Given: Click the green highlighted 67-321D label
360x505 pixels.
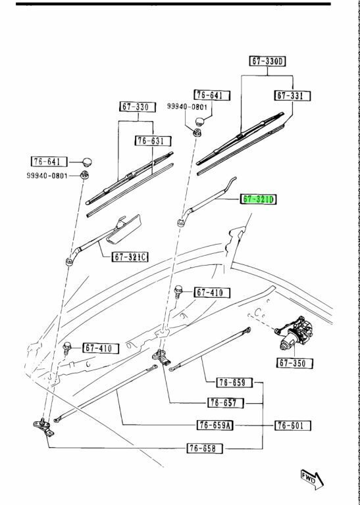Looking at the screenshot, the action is (x=258, y=200).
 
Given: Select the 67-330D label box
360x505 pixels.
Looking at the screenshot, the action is (x=268, y=61).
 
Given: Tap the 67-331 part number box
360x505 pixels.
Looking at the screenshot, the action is (x=293, y=96).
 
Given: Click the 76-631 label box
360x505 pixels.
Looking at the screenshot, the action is (x=153, y=141).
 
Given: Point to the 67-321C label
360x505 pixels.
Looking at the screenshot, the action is (x=130, y=256).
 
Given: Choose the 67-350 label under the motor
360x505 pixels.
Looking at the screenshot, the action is (x=295, y=363).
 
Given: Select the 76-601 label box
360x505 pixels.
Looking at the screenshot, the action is (x=293, y=425).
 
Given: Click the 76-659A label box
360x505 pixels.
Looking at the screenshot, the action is (x=215, y=425).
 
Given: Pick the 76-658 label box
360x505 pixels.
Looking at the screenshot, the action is (x=205, y=448).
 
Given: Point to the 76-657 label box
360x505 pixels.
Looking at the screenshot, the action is (x=226, y=402).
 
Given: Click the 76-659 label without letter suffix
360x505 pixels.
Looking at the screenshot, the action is (x=234, y=382).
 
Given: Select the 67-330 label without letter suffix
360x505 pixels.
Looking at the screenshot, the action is (x=138, y=107).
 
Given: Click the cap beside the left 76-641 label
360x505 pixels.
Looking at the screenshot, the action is (x=87, y=162).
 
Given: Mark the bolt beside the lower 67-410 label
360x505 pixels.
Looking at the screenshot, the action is (x=67, y=347).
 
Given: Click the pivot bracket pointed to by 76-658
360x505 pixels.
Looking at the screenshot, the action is (x=44, y=427).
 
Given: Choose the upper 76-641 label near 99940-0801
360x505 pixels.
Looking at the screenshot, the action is (x=212, y=95).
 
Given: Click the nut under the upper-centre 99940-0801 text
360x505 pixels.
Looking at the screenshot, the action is (x=196, y=132).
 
